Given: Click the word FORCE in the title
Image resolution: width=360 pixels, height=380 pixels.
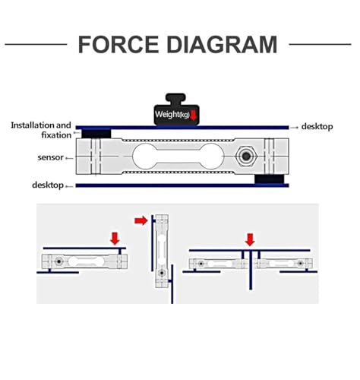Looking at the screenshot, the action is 118,45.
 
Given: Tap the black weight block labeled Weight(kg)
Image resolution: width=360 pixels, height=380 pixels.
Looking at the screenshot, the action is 177,109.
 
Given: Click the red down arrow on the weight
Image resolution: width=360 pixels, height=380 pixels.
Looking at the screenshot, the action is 193,115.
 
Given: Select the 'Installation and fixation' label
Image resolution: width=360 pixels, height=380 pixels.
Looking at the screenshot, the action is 41,130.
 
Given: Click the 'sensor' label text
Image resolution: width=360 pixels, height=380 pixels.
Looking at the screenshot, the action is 50,157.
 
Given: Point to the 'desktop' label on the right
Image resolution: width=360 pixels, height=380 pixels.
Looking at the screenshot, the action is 317,126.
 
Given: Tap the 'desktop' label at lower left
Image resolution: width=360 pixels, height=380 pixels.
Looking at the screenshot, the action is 48,185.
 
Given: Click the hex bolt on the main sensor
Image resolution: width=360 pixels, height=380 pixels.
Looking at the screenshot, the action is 245,156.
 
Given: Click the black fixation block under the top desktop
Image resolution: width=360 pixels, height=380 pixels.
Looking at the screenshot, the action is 96,134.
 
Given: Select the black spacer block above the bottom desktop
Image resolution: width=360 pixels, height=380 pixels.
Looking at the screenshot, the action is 269,179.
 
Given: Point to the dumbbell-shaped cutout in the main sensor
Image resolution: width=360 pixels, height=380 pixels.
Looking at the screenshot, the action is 178,157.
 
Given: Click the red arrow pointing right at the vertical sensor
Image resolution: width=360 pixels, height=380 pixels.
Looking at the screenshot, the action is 141,220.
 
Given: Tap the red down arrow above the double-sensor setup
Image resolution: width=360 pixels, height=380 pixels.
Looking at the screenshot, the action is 250,239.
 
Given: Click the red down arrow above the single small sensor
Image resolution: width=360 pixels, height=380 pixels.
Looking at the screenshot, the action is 115,239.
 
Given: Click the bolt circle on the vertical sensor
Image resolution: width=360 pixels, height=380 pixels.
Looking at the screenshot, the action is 162,273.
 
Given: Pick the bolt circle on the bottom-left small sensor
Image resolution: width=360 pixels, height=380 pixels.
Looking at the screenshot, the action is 59,261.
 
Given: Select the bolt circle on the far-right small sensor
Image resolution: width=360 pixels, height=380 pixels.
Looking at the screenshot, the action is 300,264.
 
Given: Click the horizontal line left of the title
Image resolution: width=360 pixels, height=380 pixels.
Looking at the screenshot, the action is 36,44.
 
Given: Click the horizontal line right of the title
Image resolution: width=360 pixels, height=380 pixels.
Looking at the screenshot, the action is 320,44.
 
